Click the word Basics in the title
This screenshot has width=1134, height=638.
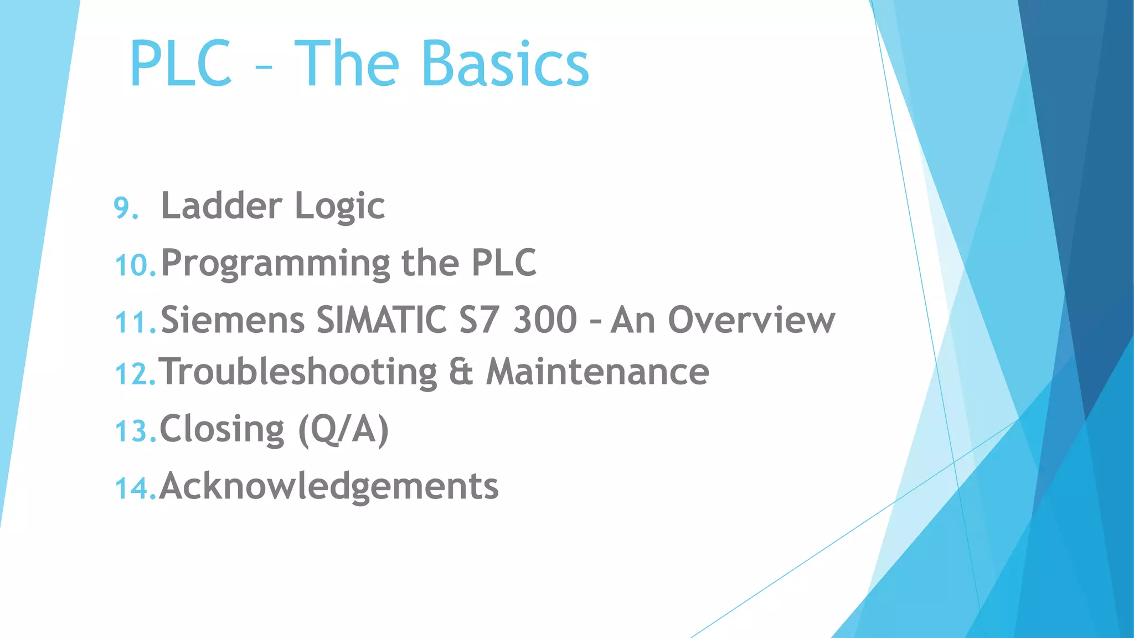tap(505, 64)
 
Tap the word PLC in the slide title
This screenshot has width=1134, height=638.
tap(181, 64)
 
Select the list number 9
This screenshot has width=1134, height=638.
tap(125, 208)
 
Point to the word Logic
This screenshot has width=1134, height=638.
tap(339, 207)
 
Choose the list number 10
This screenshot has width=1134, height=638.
tap(135, 265)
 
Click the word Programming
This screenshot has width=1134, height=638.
tap(275, 264)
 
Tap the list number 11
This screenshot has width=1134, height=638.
tap(135, 322)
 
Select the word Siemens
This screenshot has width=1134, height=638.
tap(233, 320)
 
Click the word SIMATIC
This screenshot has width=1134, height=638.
tap(382, 320)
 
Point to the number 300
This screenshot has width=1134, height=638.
tap(545, 320)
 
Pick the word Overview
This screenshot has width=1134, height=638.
tap(751, 320)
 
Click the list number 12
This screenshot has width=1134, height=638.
tap(135, 374)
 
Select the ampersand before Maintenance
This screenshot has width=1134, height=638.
tap(461, 372)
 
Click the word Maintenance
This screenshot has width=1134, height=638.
tap(597, 372)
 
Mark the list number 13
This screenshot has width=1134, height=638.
tap(135, 431)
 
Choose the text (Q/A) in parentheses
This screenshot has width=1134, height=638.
tap(343, 430)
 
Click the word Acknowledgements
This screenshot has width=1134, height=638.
tap(329, 486)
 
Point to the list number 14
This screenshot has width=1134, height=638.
tap(135, 488)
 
